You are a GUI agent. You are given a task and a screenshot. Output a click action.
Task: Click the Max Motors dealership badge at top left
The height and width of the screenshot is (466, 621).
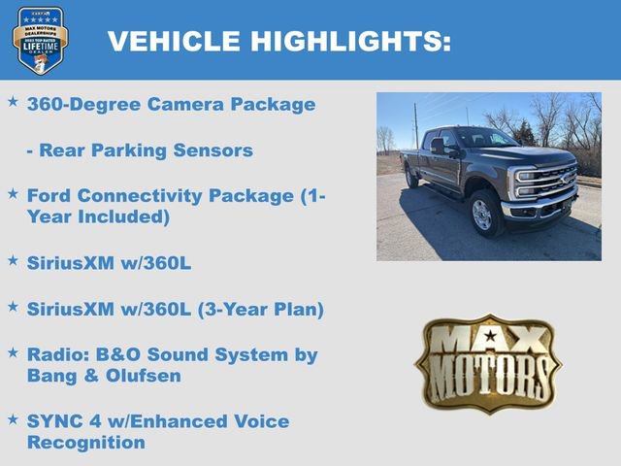pos(40,40)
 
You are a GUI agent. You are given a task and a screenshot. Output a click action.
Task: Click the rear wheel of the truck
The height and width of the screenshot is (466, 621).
pos(412,178)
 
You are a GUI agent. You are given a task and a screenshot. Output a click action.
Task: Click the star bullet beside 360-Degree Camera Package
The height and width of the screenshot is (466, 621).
pos(13,101)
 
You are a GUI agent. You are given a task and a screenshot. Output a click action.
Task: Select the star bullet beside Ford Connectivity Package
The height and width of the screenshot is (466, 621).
pos(13,193)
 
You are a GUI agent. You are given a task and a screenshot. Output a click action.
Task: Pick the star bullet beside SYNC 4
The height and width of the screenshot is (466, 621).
pos(13,418)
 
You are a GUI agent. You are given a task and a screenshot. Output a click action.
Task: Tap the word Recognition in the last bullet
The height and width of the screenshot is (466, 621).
pos(86,443)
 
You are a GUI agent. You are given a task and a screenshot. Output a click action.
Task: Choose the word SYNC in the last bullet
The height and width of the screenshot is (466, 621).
pos(55,421)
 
